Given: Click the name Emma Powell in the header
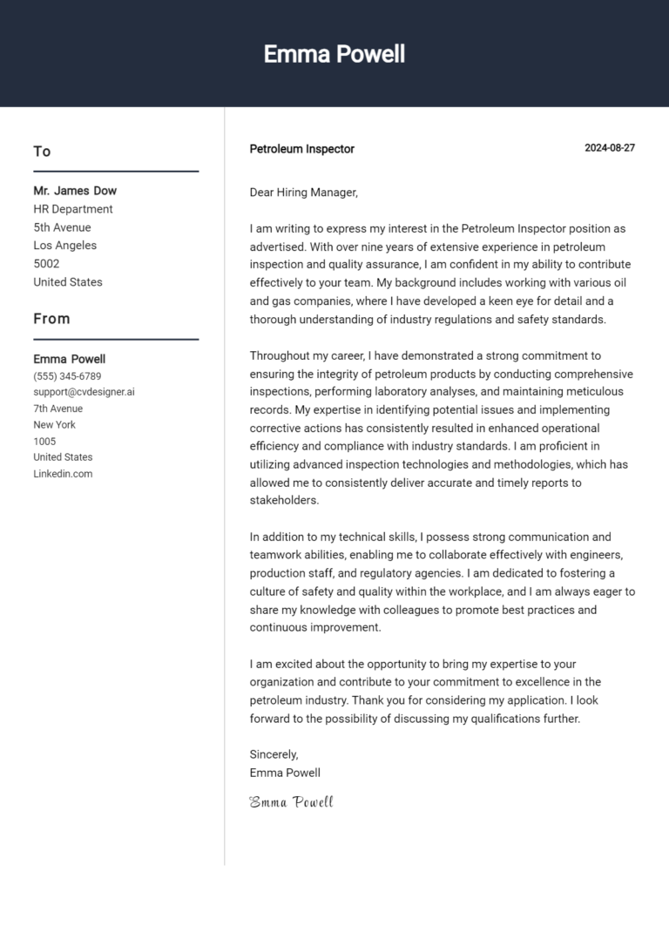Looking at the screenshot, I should click(x=334, y=54).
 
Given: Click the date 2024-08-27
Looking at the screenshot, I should click(x=609, y=148).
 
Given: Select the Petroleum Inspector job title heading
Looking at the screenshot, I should click(x=301, y=149).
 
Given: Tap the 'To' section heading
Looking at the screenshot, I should click(x=42, y=152).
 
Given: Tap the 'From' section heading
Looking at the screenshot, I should click(x=51, y=319).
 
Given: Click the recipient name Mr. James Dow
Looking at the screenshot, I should click(x=75, y=191).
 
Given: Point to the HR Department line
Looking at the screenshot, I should click(x=73, y=209).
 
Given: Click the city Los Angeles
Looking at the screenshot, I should click(x=64, y=246).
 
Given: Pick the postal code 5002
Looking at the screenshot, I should click(x=46, y=263).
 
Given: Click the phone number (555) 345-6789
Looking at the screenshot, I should click(x=67, y=376).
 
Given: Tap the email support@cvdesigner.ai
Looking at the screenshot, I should click(x=84, y=392).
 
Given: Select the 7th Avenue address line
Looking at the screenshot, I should click(x=58, y=409).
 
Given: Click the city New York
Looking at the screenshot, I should click(x=54, y=425).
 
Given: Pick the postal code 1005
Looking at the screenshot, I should click(x=44, y=441).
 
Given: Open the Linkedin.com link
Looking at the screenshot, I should click(x=63, y=474).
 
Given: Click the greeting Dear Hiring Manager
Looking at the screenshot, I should click(x=303, y=193).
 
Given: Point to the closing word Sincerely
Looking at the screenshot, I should click(x=274, y=754).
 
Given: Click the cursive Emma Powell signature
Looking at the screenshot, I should click(x=291, y=801).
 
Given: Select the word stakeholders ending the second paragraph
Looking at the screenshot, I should click(x=284, y=501).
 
